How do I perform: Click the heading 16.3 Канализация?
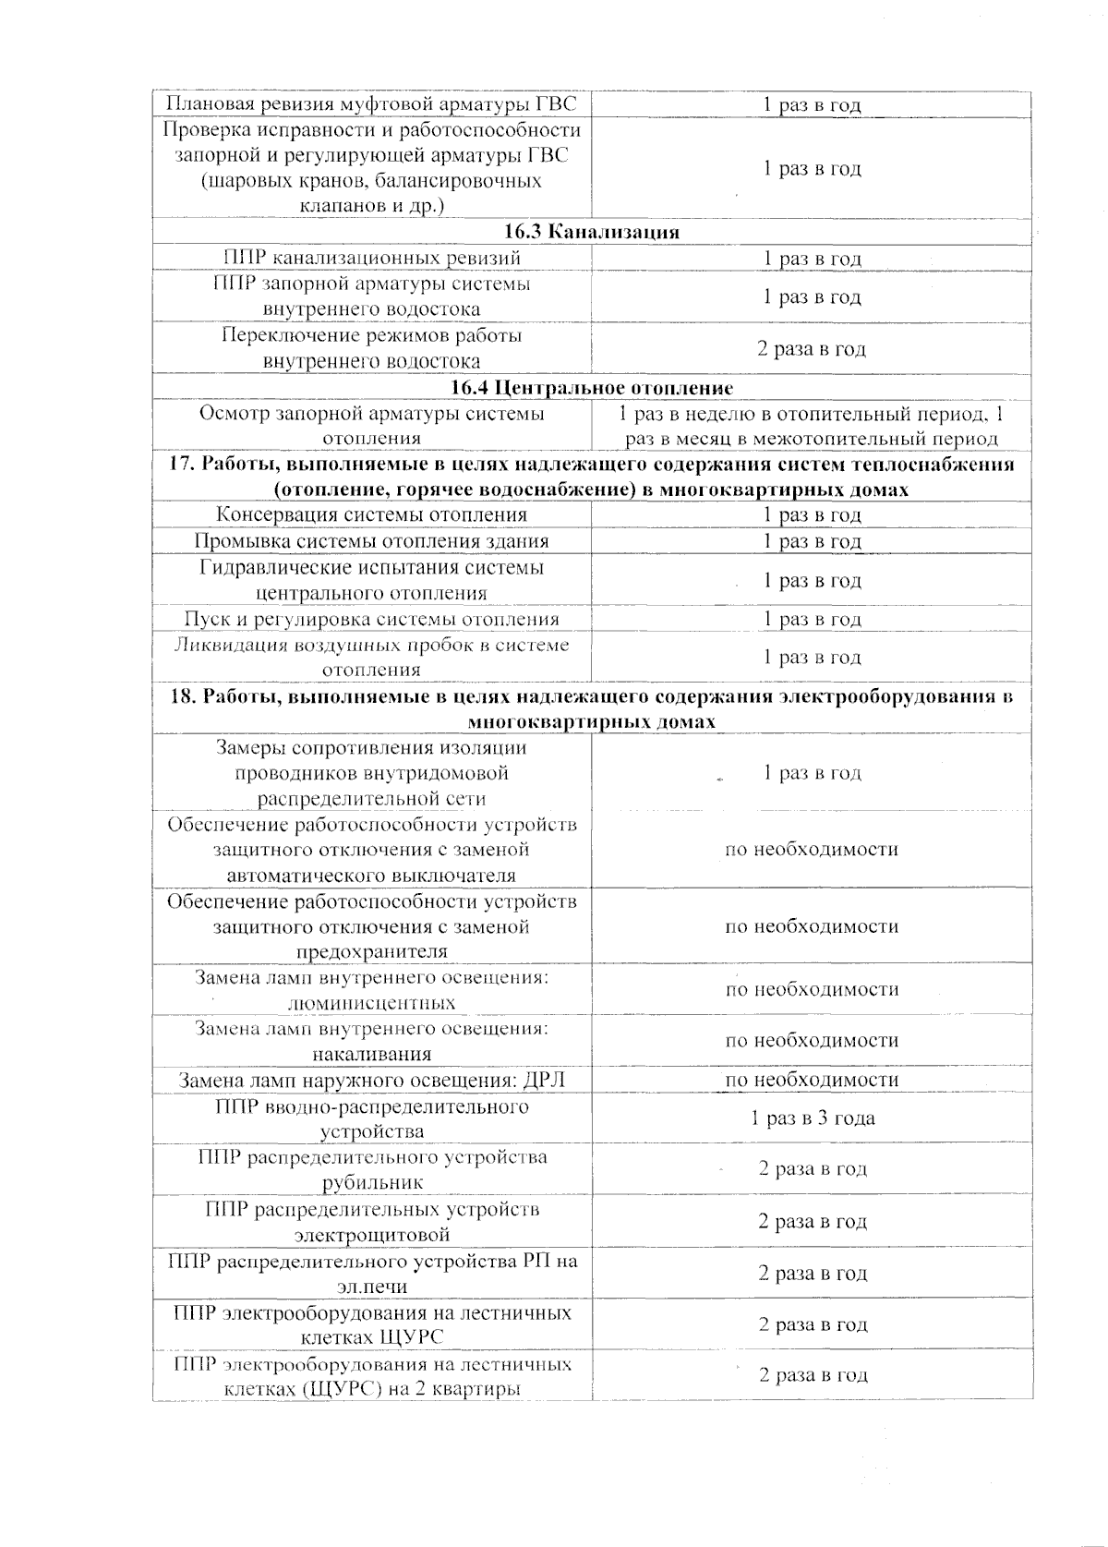coord(592,232)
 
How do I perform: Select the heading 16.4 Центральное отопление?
coord(592,387)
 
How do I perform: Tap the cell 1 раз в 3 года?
coord(813,1118)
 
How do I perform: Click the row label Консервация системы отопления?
coord(371,514)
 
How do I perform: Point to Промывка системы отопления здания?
coord(371,541)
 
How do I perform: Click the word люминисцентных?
coord(371,1003)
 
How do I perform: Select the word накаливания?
coord(371,1054)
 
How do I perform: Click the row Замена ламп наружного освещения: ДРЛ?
coord(371,1080)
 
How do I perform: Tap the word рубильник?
coord(372,1182)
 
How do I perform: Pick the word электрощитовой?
coord(372,1234)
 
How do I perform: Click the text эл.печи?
coord(372,1286)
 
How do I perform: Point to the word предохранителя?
coord(371,951)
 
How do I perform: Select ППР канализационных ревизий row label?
coord(371,258)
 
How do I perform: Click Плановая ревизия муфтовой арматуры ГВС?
coord(371,104)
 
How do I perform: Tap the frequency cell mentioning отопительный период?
coord(812,426)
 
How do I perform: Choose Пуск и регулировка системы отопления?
coord(371,619)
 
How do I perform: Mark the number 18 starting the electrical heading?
coord(181,696)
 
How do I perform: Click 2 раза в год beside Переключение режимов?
coord(812,348)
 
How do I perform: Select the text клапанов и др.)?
coord(372,206)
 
